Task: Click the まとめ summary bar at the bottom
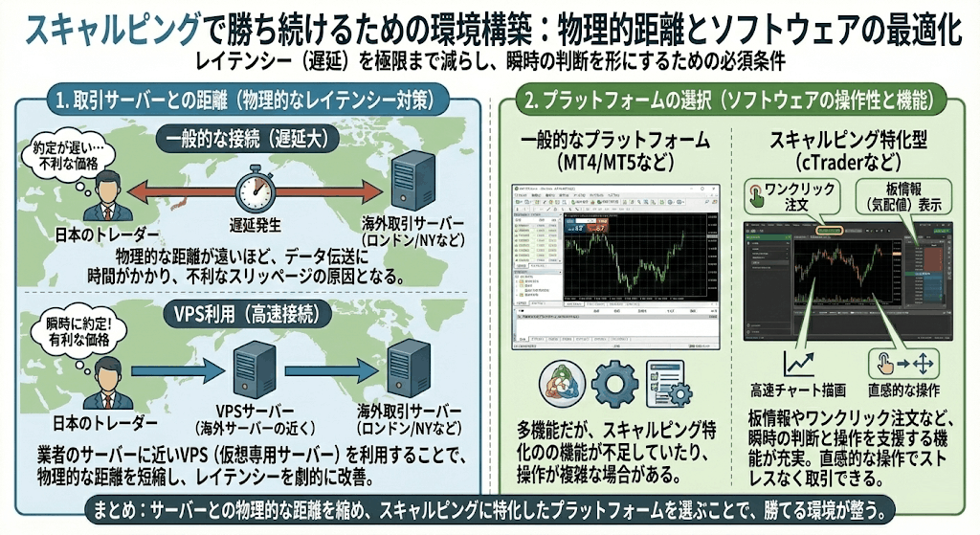(490, 508)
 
